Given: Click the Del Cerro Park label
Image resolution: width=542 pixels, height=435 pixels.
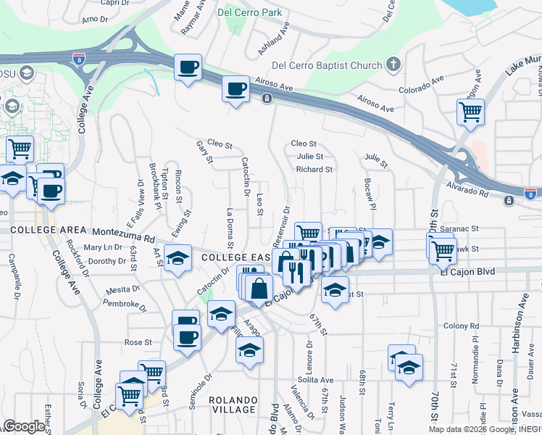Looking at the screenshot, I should (x=251, y=12).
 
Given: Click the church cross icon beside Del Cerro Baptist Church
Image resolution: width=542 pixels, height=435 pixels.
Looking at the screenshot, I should (x=393, y=65).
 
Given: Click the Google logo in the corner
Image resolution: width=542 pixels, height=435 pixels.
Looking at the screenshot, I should (x=24, y=426).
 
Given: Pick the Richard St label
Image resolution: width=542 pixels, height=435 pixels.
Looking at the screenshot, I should (x=314, y=170).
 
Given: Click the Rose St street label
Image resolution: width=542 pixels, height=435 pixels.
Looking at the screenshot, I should (x=138, y=342).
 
